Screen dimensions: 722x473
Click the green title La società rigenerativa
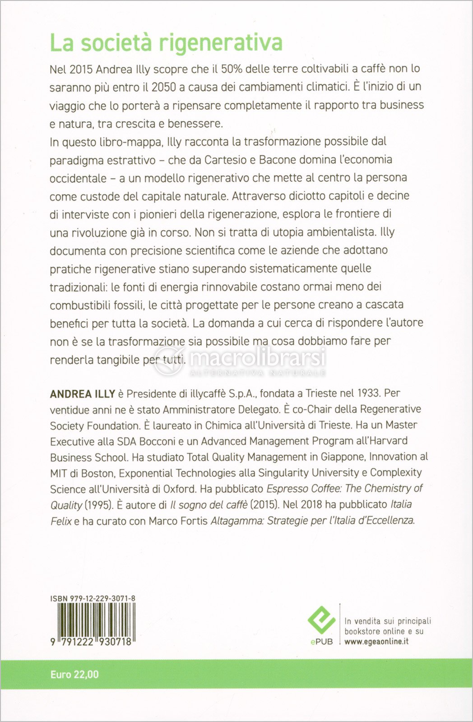pos(166,43)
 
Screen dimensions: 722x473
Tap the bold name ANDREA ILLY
pos(83,394)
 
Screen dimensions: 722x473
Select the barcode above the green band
pos(93,620)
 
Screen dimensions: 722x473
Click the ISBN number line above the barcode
pos(93,598)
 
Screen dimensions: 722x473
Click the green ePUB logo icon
pos(321,620)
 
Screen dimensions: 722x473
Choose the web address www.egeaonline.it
pos(376,641)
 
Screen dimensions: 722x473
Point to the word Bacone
pos(278,160)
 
